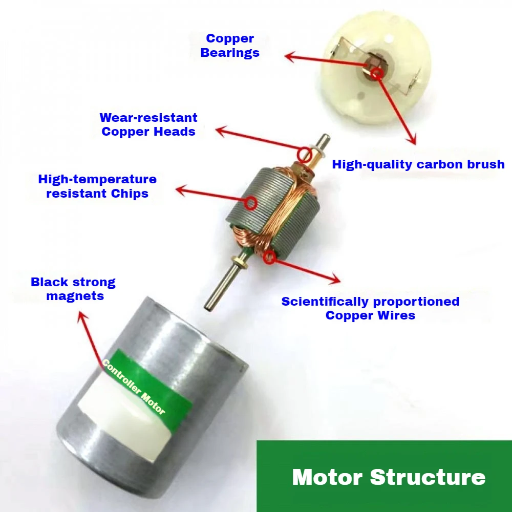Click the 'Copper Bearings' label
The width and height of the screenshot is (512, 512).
pos(230,46)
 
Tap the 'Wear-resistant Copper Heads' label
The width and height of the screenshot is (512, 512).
pos(148,124)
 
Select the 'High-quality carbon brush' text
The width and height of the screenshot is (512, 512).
pos(418,164)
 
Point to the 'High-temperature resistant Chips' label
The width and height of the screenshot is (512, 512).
pos(97,186)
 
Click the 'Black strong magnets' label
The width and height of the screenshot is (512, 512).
pos(73,289)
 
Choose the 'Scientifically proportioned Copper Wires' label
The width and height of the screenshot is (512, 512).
pos(370,308)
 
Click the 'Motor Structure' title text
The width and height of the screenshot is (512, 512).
pos(389,477)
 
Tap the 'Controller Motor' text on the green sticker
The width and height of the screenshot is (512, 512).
pos(134,387)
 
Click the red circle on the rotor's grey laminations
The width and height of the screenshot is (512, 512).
pos(250,203)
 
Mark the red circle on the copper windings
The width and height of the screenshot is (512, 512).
pos(270,259)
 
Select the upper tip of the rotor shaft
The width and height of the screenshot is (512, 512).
pos(325,137)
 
